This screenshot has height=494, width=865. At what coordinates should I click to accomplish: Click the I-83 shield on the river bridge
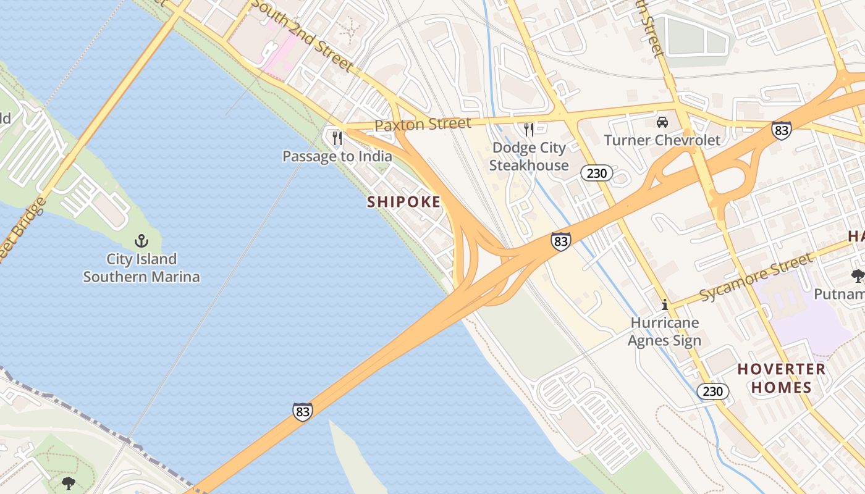pos(302,412)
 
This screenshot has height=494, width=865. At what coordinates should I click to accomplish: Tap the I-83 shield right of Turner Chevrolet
pos(782,130)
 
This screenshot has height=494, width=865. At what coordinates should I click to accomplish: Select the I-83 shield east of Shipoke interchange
pos(560,241)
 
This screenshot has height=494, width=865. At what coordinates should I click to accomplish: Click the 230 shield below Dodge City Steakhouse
pos(596,174)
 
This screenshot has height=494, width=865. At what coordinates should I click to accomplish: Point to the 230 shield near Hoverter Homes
pos(712,391)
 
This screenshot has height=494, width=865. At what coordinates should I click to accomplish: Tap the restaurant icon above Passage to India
pos(337,138)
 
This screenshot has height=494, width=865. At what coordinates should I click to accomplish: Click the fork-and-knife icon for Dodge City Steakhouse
pos(528,129)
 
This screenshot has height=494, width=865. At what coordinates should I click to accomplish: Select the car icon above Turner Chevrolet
pos(662,122)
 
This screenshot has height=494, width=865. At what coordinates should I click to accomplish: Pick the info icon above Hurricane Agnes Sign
pos(665,304)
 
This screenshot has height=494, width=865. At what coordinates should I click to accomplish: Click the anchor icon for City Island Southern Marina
pos(141,240)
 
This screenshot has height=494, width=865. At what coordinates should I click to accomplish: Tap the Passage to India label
pos(337,156)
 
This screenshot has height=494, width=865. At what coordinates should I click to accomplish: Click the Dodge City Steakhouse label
pos(528,156)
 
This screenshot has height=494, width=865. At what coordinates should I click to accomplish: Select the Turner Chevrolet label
pos(662,140)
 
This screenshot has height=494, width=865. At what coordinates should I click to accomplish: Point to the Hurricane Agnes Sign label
pos(665,332)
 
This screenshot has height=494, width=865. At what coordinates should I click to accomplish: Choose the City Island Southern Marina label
pos(141,268)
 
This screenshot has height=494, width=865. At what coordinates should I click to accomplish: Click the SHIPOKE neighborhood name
pos(404,202)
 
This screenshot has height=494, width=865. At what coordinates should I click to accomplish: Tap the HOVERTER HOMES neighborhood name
pos(781,379)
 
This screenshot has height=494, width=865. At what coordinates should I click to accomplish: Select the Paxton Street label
pos(423,124)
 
